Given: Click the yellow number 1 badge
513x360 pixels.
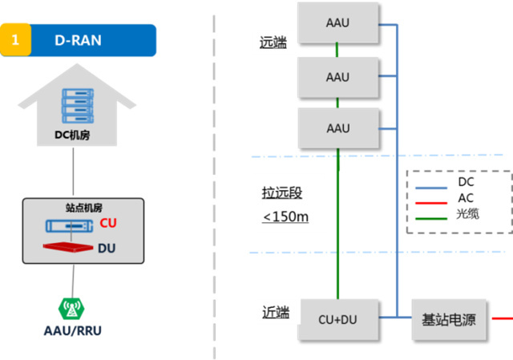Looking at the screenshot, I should coord(15,40).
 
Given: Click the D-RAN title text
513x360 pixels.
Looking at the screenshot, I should coord(78,40).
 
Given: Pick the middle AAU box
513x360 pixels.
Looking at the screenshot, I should coord(337,77).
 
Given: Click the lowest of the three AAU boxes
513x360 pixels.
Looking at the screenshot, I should coord(337,128).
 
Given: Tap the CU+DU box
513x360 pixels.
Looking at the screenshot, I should coord(337,319).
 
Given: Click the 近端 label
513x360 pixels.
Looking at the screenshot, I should coord(275,312).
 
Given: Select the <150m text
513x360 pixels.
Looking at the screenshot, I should coord(285,216).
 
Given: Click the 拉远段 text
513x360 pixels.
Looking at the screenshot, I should coord(282,193).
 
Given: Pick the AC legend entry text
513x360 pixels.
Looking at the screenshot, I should coord(465,198).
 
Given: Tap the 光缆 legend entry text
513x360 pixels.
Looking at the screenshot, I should coord(467,213).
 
